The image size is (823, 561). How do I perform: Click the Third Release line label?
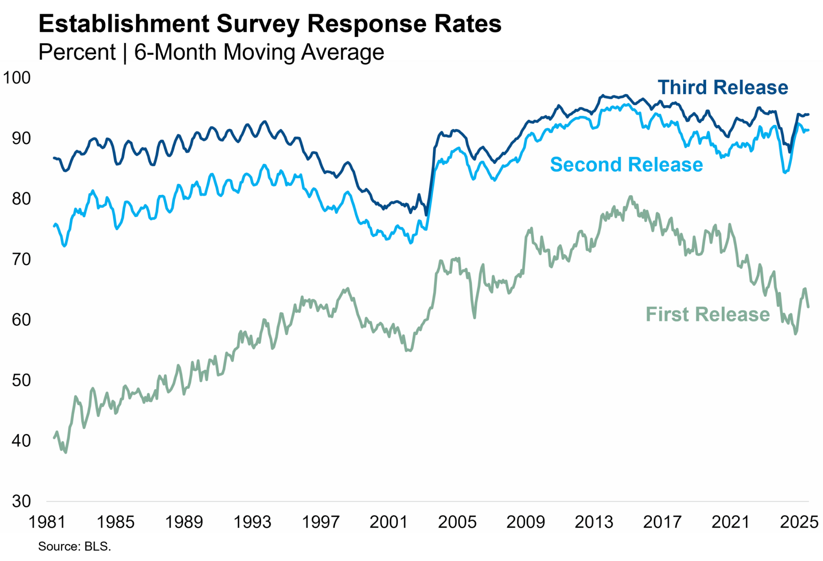click(x=723, y=88)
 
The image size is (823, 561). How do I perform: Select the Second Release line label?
click(x=626, y=165)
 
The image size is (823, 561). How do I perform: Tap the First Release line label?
click(x=707, y=315)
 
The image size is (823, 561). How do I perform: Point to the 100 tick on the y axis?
click(x=17, y=78)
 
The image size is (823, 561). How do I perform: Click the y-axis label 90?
click(x=21, y=138)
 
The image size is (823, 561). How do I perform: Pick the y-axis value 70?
click(x=21, y=259)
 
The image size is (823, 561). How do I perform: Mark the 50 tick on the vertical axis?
click(x=21, y=380)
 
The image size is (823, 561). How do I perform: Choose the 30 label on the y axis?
click(x=21, y=501)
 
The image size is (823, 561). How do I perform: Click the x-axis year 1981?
click(x=47, y=522)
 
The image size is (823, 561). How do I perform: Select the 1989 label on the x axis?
click(x=184, y=522)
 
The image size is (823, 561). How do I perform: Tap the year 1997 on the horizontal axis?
click(x=321, y=522)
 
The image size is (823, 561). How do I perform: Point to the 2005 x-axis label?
click(x=457, y=522)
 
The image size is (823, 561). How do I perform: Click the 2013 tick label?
click(x=594, y=522)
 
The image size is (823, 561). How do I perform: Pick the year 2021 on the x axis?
click(x=731, y=522)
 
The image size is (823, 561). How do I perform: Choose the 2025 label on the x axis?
click(x=799, y=522)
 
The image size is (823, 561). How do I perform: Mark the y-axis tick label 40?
click(x=21, y=441)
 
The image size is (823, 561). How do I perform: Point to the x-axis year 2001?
click(x=389, y=522)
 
